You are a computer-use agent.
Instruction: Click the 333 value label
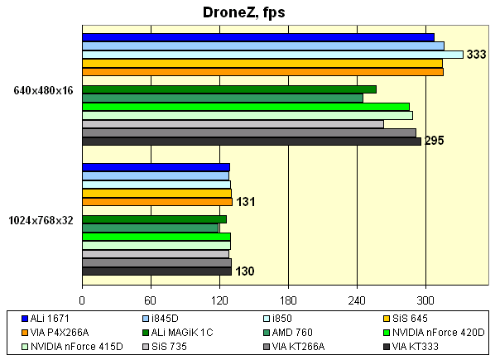[x=476, y=55]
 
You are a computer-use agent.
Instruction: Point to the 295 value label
[x=435, y=141]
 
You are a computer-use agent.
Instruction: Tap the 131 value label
[x=245, y=201]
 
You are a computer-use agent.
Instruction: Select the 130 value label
[x=244, y=271]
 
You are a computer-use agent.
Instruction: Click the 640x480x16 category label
[x=42, y=90]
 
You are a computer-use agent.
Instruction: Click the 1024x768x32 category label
[x=41, y=220]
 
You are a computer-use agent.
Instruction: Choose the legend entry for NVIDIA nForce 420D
[x=440, y=332]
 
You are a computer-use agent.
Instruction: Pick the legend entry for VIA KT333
[x=416, y=345]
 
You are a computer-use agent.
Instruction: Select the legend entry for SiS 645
[x=411, y=319]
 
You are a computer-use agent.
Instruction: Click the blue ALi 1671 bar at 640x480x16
[x=258, y=37]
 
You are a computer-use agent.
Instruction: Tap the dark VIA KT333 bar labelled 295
[x=252, y=141]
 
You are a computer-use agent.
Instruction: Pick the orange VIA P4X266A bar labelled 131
[x=157, y=201]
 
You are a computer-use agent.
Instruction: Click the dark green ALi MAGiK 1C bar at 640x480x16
[x=229, y=89]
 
